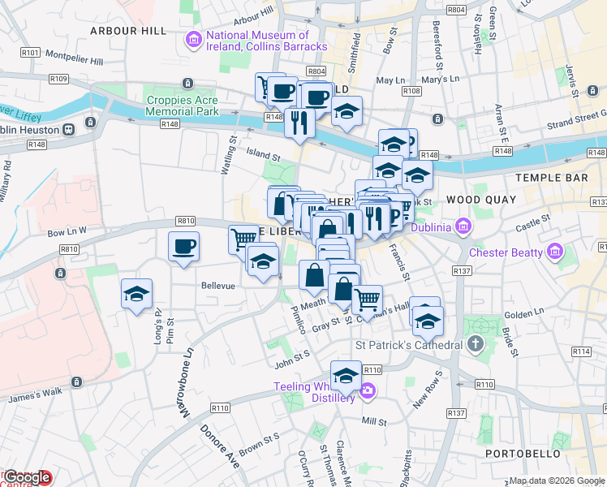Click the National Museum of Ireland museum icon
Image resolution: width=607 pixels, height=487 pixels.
tap(193, 37)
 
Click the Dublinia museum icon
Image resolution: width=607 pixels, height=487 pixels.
tap(464, 226)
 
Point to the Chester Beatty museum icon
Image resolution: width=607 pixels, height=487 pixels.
tap(555, 252)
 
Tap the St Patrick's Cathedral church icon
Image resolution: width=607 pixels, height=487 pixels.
tap(476, 345)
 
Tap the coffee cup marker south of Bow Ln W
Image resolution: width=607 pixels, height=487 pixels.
tap(183, 246)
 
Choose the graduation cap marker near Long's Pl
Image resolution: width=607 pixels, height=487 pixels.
tap(136, 294)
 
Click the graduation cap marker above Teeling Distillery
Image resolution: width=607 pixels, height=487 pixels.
tap(346, 376)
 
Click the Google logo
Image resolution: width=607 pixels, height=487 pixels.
tap(28, 478)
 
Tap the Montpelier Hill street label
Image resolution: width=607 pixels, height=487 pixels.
tap(75, 61)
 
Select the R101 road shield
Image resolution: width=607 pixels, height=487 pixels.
tap(32, 52)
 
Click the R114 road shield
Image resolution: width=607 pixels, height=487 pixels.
tap(580, 351)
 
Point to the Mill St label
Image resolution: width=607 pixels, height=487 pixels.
tap(374, 422)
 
